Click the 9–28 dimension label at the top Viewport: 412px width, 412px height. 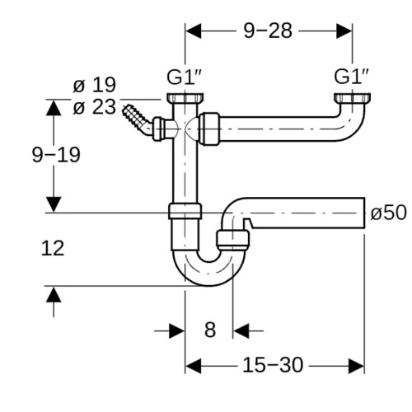tap(268, 30)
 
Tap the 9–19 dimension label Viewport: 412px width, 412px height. tap(56, 155)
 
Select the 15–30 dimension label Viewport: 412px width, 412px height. tap(273, 365)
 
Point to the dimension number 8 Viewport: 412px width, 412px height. tap(210, 330)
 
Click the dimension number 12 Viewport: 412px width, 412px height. tap(53, 248)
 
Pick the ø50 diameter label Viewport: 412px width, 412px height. tap(388, 213)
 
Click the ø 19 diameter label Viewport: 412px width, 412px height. tap(94, 85)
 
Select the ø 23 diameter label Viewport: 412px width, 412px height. tap(94, 107)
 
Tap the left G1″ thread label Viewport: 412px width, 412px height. tap(185, 77)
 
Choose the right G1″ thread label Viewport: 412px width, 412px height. tap(352, 77)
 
